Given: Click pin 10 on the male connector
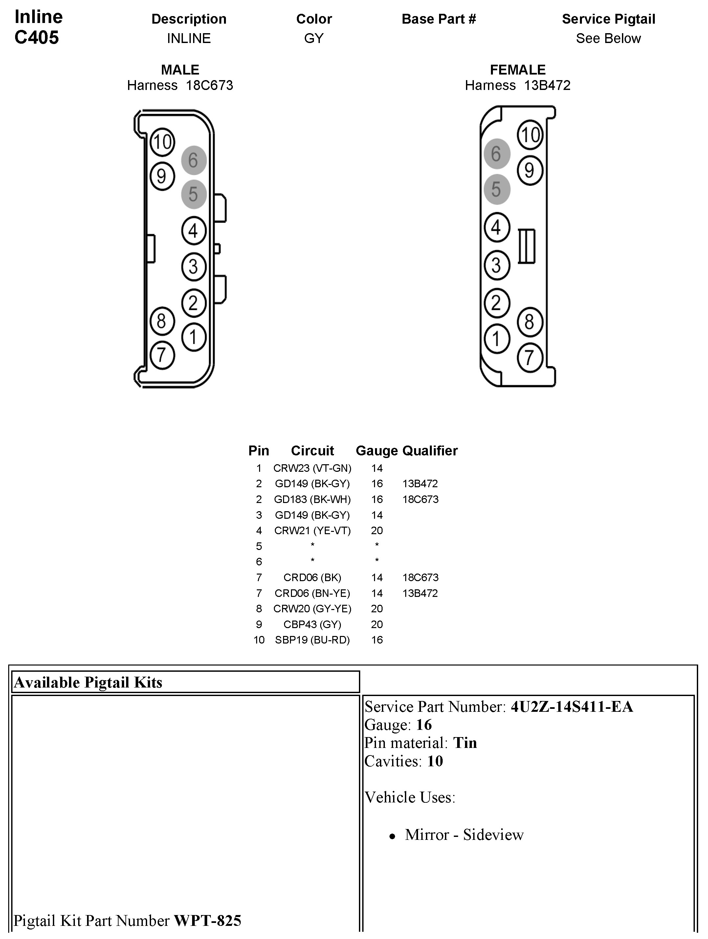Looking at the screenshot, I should (162, 142).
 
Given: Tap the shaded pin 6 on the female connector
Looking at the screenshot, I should (496, 154).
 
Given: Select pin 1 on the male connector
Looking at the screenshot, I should (193, 338).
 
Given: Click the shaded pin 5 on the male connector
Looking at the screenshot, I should (193, 194).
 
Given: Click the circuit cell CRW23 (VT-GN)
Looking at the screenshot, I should (312, 468).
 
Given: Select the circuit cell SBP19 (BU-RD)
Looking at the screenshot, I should (312, 640).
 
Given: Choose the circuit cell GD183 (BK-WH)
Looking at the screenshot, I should (312, 499).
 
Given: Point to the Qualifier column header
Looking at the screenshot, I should (430, 450).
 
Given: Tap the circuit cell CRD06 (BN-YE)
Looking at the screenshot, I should (312, 593).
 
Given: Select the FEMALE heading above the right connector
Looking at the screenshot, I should (518, 70).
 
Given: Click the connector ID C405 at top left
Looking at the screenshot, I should (36, 37).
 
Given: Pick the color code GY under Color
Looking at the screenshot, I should (314, 38).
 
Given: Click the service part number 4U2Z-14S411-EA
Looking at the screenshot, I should (571, 707).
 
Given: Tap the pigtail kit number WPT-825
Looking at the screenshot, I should (208, 920).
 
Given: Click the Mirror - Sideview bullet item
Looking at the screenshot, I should (464, 835).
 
